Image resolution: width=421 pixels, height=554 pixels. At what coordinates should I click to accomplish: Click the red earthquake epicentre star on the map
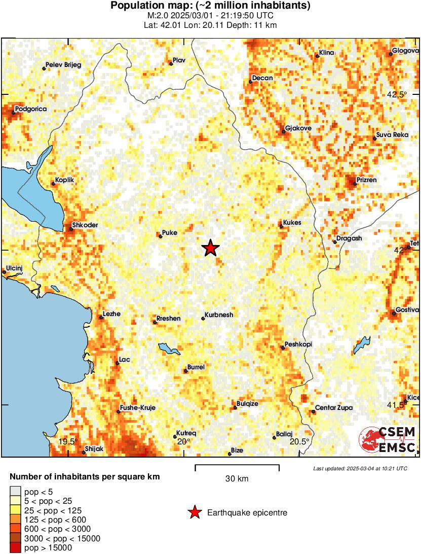click(210, 248)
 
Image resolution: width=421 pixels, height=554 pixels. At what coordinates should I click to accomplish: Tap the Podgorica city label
click(31, 109)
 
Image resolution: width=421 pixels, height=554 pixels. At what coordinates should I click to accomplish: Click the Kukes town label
click(293, 223)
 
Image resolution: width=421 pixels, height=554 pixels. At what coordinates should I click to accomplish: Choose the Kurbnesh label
click(219, 315)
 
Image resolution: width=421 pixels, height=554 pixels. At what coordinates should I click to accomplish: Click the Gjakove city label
click(298, 128)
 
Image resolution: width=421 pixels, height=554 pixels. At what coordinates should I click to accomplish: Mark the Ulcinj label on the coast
click(15, 267)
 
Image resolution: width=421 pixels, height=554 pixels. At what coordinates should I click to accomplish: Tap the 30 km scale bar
click(237, 465)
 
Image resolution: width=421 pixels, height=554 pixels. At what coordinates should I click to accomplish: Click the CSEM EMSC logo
click(388, 440)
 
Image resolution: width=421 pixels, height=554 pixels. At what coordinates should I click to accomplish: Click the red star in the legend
click(194, 513)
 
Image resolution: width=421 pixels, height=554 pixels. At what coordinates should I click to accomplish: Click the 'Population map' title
click(210, 6)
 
